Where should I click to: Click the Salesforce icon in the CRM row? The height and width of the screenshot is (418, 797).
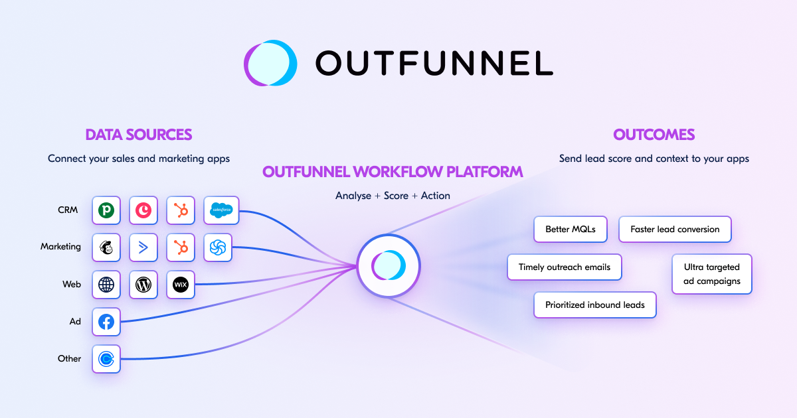tap(221, 210)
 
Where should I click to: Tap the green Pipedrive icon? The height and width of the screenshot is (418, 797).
tap(106, 210)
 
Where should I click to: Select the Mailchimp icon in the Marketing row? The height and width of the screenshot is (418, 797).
tap(106, 247)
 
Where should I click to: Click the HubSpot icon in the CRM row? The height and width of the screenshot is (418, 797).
tap(181, 210)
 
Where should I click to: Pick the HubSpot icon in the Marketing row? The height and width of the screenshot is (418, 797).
tap(181, 247)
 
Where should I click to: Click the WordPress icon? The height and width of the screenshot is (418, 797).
tap(143, 285)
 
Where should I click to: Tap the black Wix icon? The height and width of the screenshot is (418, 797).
tap(181, 285)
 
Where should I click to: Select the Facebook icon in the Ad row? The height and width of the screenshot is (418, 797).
tap(106, 322)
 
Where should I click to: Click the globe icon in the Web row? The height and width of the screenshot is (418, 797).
tap(106, 285)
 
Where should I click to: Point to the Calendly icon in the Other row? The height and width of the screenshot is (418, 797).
tap(106, 359)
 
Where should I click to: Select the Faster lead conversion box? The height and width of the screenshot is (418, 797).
tap(675, 230)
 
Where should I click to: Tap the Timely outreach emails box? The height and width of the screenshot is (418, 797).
tap(565, 267)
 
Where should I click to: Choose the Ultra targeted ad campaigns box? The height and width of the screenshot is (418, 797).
tap(712, 274)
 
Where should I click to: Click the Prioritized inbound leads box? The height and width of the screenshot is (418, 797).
tap(594, 305)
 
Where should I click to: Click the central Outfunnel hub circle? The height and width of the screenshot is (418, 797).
tap(389, 266)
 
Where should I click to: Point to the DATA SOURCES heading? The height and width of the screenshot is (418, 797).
tap(139, 135)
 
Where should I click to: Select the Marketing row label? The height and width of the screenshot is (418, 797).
tap(60, 247)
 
